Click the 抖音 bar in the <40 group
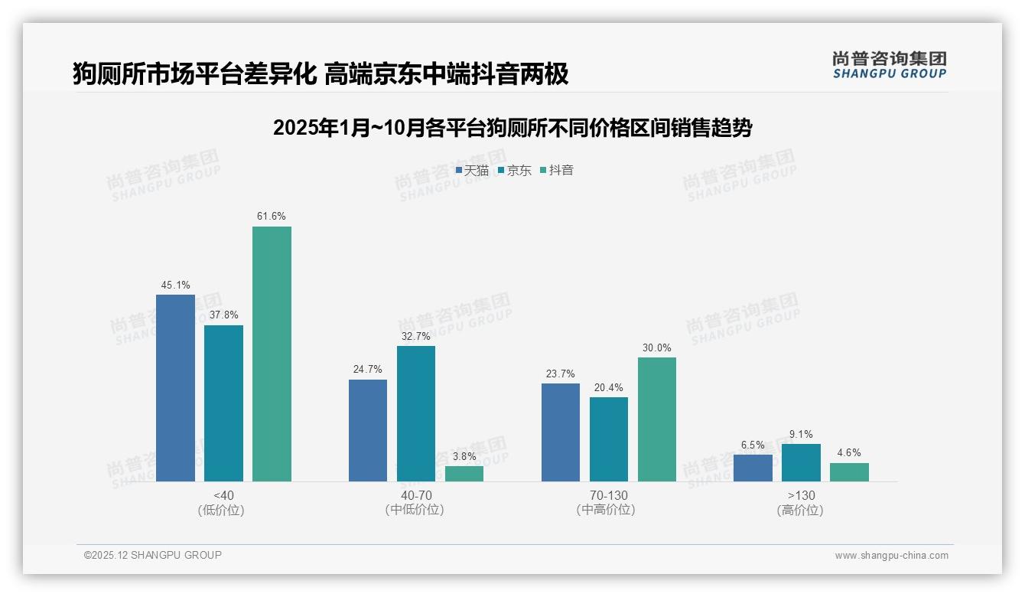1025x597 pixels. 272,354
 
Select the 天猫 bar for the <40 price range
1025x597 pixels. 175,388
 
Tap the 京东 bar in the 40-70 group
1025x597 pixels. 415,413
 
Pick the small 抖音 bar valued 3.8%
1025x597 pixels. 464,474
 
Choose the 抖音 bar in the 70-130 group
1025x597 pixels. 656,419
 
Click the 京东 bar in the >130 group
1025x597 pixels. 801,462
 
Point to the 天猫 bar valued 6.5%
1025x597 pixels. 753,468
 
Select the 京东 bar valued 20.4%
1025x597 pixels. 608,439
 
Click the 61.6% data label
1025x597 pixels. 272,217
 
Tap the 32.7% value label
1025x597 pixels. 415,336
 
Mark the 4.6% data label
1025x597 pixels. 849,453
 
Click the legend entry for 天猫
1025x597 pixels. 472,171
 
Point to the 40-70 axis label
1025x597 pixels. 414,495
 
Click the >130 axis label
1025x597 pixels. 800,495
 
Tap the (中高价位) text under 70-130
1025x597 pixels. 606,510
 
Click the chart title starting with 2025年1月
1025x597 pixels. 512,128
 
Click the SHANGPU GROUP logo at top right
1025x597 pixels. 890,64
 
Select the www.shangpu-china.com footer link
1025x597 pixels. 891,556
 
